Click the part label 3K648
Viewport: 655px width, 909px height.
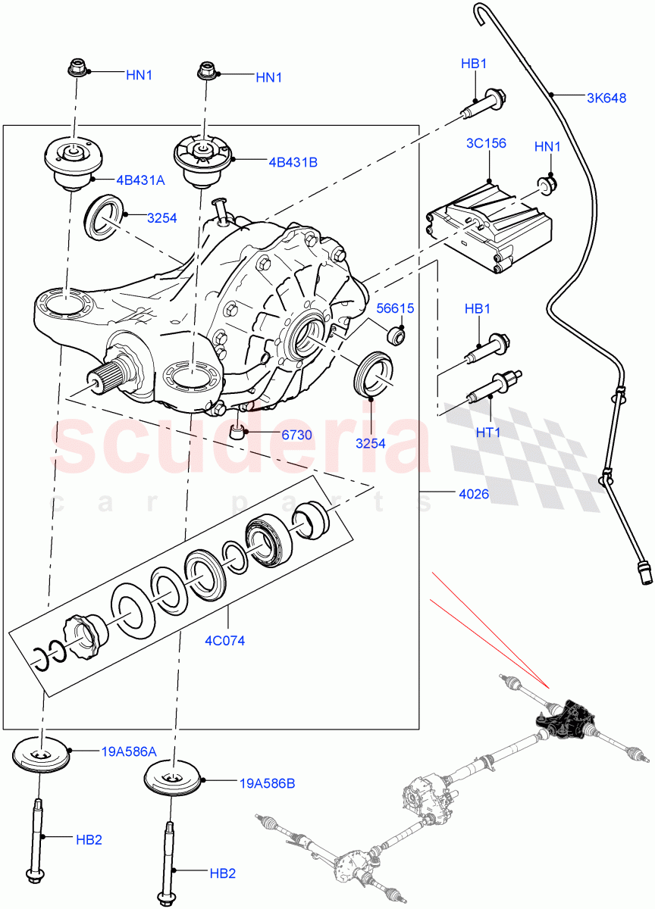click(x=606, y=98)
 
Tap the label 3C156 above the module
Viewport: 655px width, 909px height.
click(x=486, y=143)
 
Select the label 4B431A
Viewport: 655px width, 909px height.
click(x=140, y=180)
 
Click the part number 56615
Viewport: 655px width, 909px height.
click(x=396, y=308)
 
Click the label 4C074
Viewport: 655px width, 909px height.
click(x=224, y=640)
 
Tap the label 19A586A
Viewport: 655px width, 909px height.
click(x=129, y=751)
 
